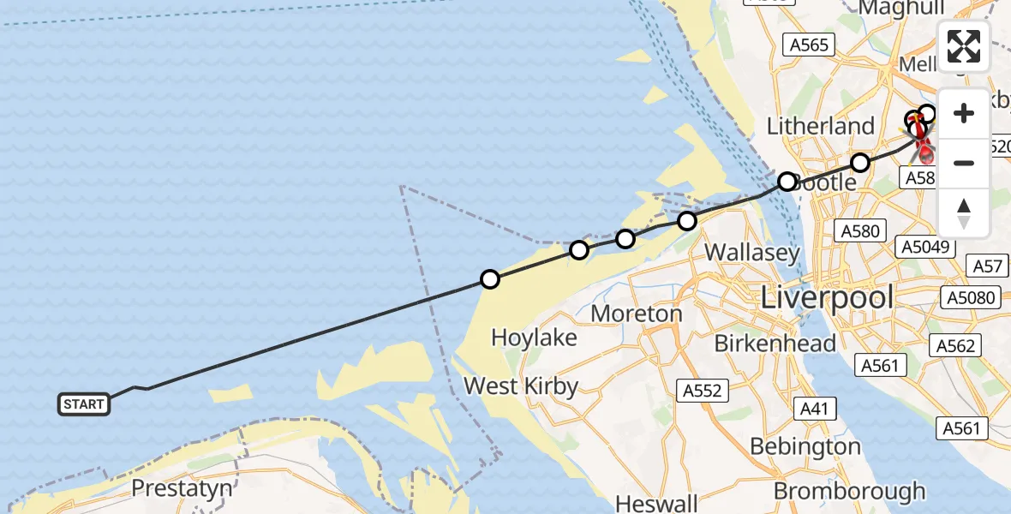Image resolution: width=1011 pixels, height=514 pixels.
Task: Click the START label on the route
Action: click(x=84, y=404)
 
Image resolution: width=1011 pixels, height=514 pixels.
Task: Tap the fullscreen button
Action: click(x=964, y=46)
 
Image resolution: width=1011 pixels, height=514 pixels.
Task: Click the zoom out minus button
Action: click(x=964, y=163)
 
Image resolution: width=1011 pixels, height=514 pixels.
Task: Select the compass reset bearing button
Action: click(x=964, y=212)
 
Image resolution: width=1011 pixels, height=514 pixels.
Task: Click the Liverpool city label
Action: click(x=828, y=298)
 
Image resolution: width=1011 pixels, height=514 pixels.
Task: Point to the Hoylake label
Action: click(x=534, y=338)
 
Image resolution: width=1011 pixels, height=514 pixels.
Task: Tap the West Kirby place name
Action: click(x=521, y=385)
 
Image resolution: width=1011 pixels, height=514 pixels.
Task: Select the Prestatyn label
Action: click(x=182, y=489)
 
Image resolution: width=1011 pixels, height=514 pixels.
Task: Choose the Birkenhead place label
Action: click(x=775, y=344)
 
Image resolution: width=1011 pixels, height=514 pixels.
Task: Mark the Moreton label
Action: click(x=637, y=314)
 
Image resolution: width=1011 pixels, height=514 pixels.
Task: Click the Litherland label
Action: click(x=820, y=126)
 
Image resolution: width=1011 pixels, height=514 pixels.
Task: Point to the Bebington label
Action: click(x=805, y=446)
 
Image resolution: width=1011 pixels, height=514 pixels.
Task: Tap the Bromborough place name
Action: click(x=849, y=491)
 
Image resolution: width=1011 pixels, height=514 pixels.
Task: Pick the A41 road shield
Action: click(x=815, y=409)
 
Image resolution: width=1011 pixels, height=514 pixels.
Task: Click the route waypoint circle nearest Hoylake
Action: click(x=489, y=279)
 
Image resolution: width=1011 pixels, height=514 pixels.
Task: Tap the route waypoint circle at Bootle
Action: click(x=787, y=182)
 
